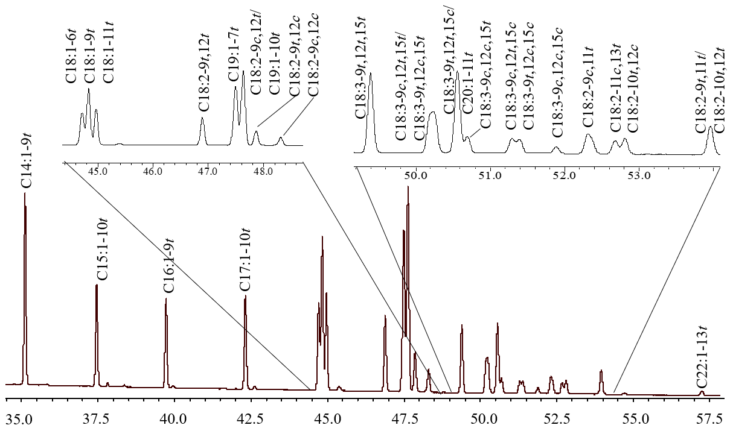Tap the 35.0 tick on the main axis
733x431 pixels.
(x=21, y=417)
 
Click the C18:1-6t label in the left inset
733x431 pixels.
(x=72, y=61)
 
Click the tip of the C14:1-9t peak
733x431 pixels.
(x=25, y=193)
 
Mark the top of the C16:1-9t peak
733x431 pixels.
(x=166, y=299)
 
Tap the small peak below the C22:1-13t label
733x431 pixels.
(x=702, y=392)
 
